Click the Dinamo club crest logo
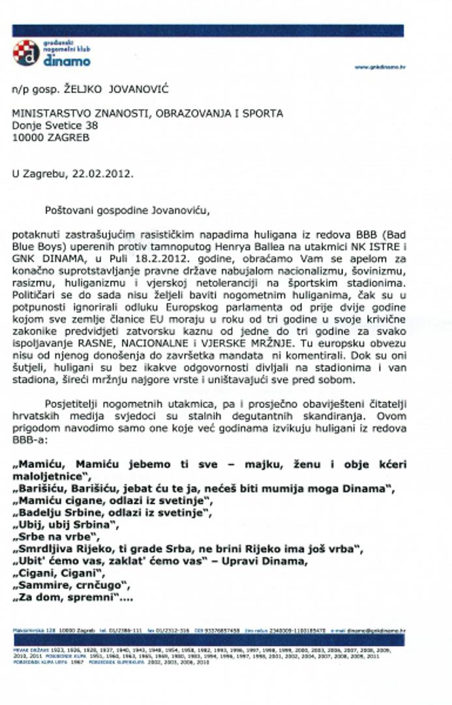[26, 52]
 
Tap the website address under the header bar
[380, 67]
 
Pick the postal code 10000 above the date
[26, 137]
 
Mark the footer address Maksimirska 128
[33, 631]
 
